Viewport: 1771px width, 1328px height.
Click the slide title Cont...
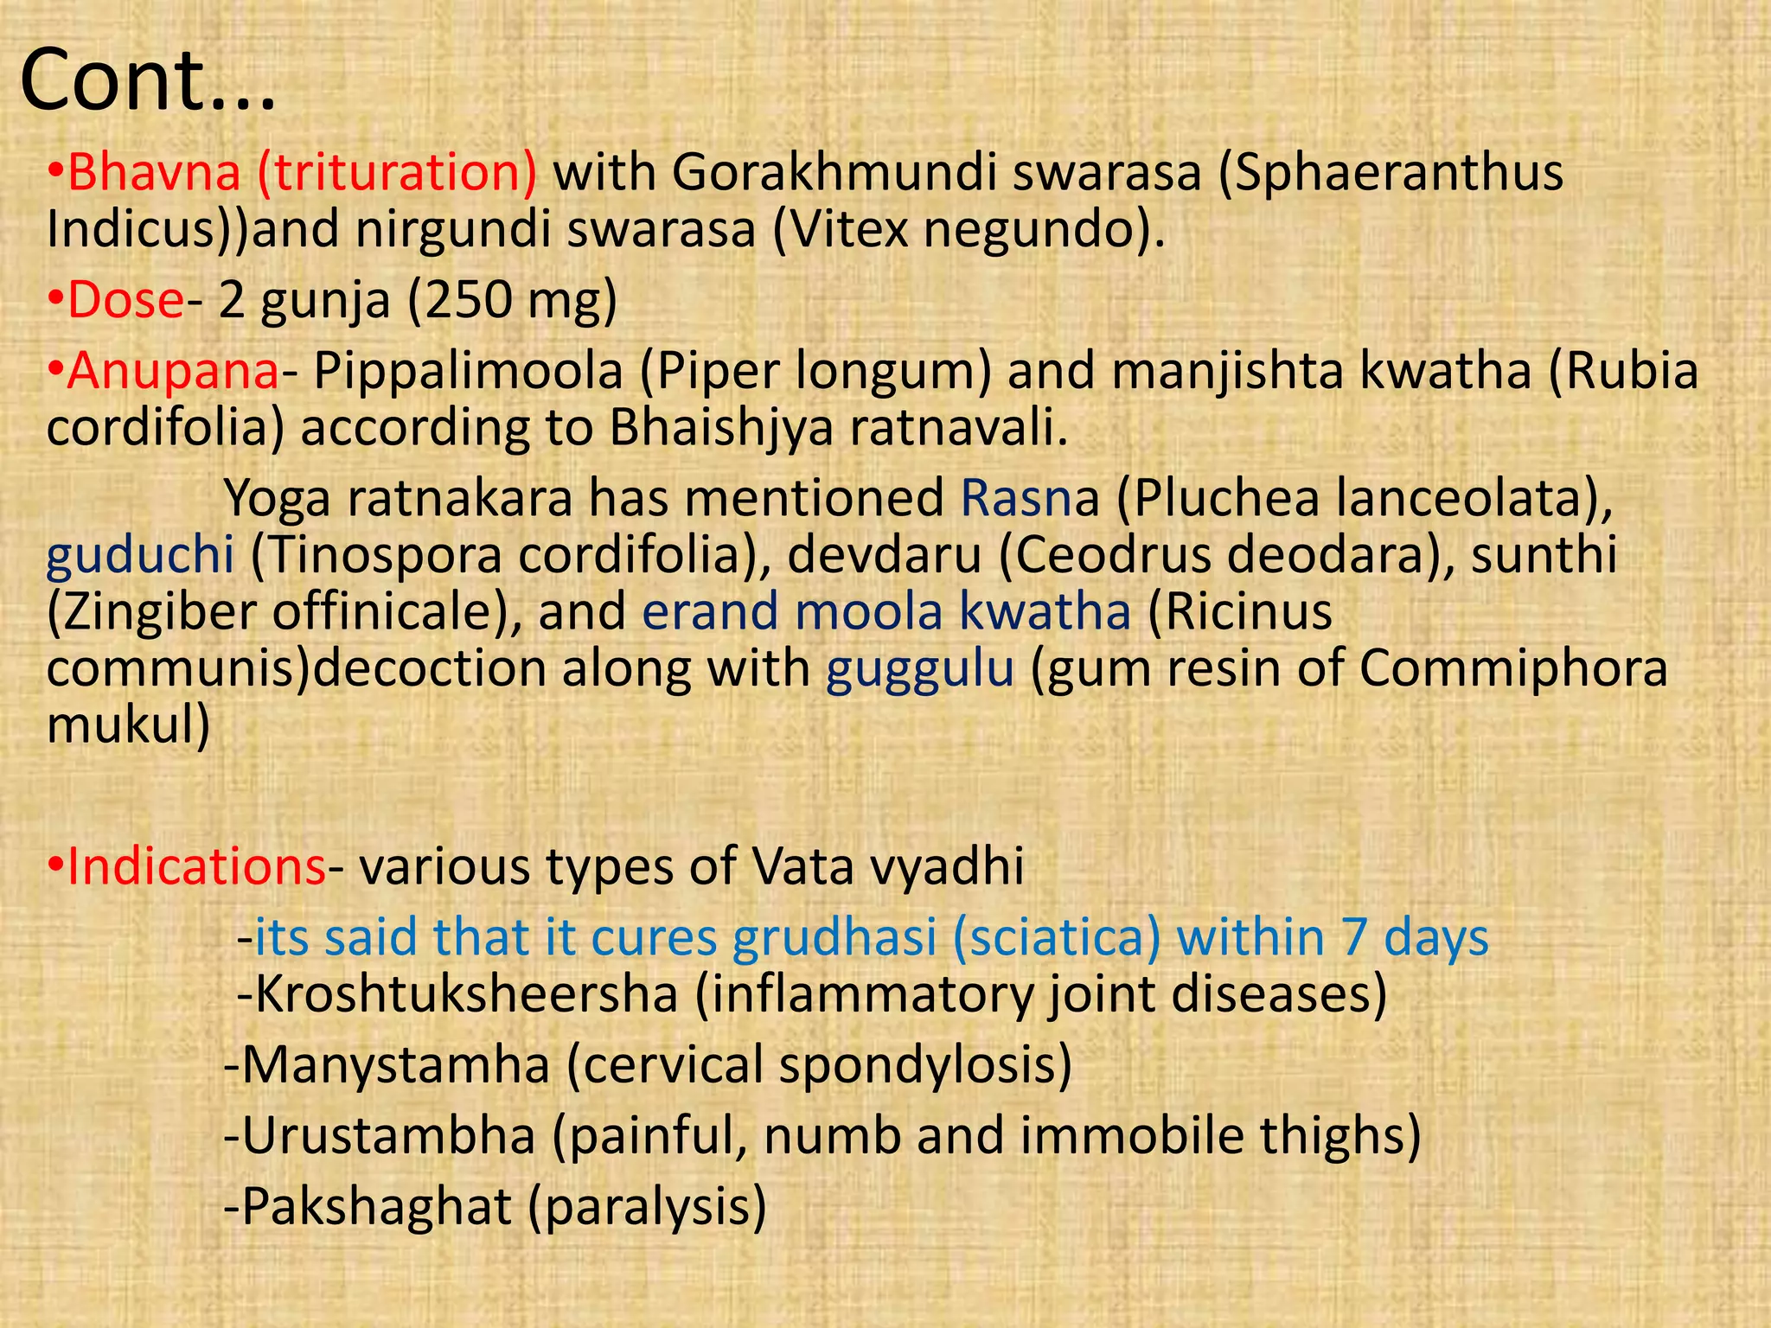coord(147,82)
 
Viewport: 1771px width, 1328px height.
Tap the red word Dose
coord(125,300)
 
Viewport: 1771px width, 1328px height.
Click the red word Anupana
coord(173,371)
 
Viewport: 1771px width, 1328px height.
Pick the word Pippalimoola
coord(467,371)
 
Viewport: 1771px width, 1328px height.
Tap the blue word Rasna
coord(1029,498)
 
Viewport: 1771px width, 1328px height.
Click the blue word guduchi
coord(139,555)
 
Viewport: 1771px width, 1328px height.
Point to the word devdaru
coord(883,555)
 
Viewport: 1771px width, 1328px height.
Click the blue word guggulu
coord(919,669)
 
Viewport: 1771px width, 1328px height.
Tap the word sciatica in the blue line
coord(1056,937)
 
